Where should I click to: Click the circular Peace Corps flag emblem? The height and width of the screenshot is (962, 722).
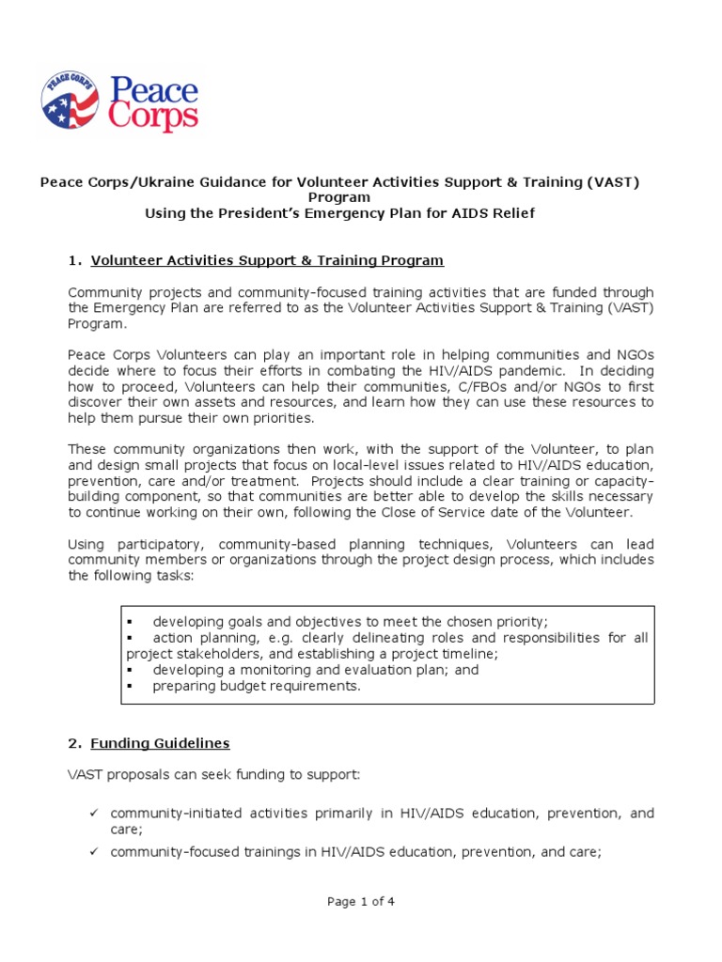[x=70, y=100]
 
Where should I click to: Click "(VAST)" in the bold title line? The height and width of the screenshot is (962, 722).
[x=613, y=181]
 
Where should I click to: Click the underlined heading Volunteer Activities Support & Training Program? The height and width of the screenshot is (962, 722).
[x=267, y=260]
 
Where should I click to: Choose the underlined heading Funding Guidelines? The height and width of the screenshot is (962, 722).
[x=160, y=743]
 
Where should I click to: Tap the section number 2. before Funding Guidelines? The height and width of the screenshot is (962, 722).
[x=74, y=743]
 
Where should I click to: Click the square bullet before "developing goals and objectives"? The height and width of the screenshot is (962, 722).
[x=130, y=622]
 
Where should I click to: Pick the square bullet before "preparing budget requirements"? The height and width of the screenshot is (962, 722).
[x=130, y=686]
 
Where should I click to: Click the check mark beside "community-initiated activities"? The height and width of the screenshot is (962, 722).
[x=94, y=813]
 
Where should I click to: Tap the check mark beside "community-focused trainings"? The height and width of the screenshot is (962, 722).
[x=94, y=852]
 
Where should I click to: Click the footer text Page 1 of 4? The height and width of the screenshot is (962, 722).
[x=361, y=902]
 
